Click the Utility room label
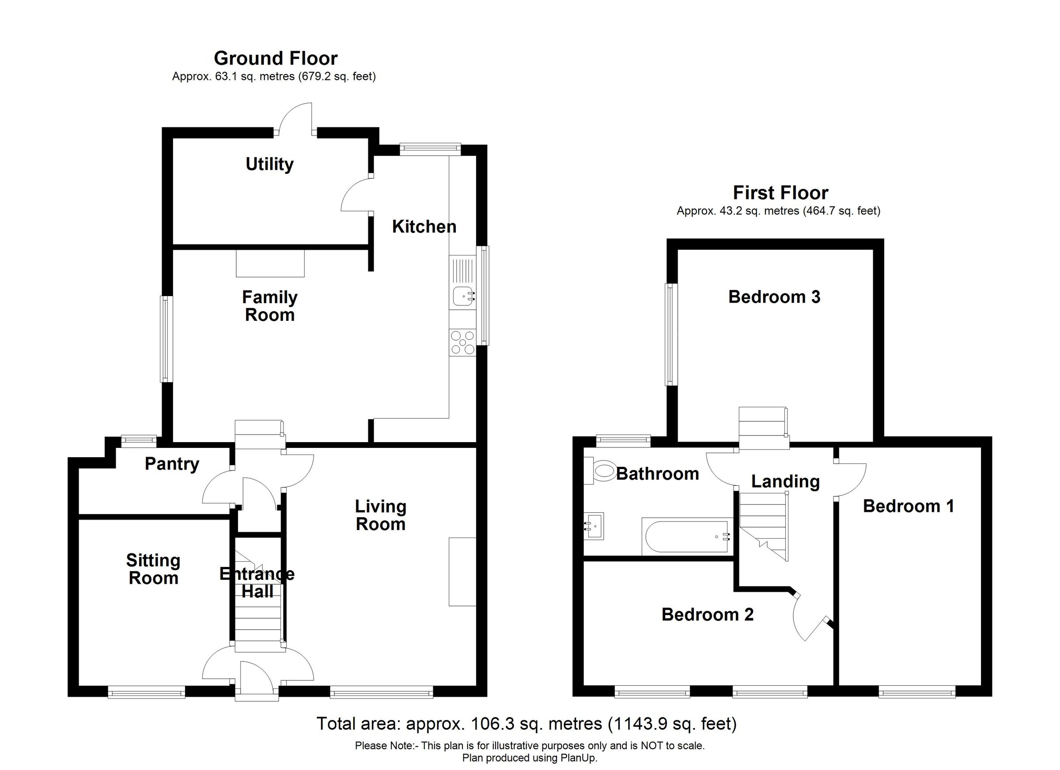click(269, 164)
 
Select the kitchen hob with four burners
click(462, 343)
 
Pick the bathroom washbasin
click(594, 526)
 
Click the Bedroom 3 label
click(774, 297)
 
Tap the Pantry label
click(172, 464)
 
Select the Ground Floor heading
click(275, 58)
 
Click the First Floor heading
click(780, 193)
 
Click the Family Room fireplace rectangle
click(270, 263)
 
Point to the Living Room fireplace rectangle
click(462, 572)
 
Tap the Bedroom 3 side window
click(671, 335)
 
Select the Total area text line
click(526, 724)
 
